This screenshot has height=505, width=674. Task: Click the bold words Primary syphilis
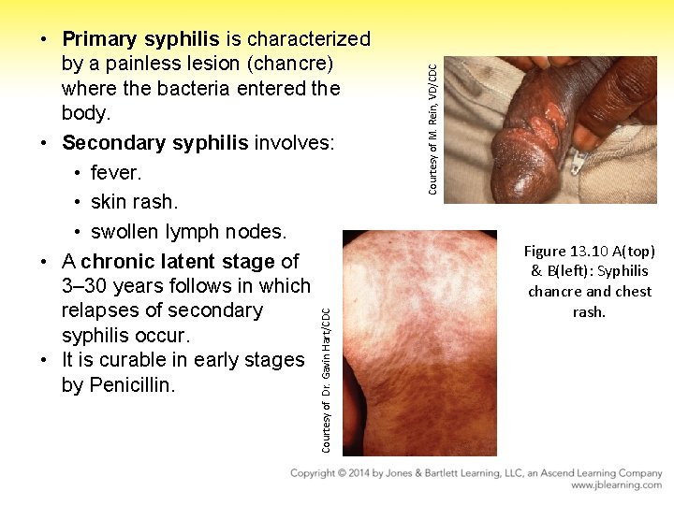pyautogui.click(x=140, y=39)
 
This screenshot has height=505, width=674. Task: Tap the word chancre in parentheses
pyautogui.click(x=289, y=64)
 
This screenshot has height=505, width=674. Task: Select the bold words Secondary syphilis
pyautogui.click(x=154, y=143)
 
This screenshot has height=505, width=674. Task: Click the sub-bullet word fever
pyautogui.click(x=116, y=173)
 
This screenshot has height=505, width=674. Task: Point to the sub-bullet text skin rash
pyautogui.click(x=134, y=202)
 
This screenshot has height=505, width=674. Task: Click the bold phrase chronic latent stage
pyautogui.click(x=178, y=262)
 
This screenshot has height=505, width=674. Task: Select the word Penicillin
pyautogui.click(x=130, y=384)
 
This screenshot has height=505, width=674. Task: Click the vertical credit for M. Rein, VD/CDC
pyautogui.click(x=432, y=129)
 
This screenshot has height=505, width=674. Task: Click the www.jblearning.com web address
pyautogui.click(x=616, y=486)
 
